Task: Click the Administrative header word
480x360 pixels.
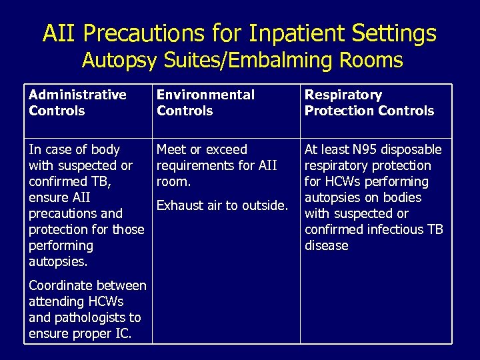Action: (x=77, y=95)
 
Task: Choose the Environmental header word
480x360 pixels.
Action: (x=205, y=95)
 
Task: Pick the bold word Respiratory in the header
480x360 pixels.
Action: (x=343, y=95)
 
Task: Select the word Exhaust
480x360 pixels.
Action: (x=179, y=205)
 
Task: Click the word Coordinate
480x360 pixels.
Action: (x=61, y=285)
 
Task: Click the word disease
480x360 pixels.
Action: (x=327, y=245)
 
